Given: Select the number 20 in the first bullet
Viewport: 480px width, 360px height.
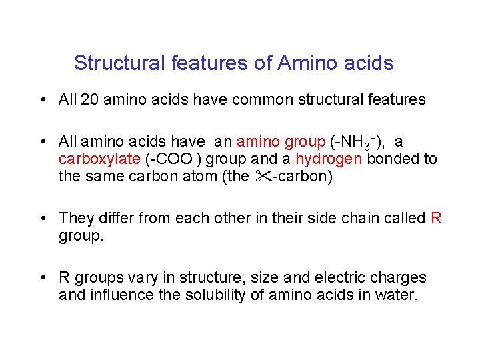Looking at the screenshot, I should pyautogui.click(x=89, y=100).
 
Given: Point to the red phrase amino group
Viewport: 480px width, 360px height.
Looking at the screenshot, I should pyautogui.click(x=281, y=142).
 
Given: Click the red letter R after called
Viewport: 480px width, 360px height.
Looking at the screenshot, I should pyautogui.click(x=437, y=218).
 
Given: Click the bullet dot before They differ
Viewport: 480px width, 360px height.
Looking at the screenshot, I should pyautogui.click(x=42, y=219).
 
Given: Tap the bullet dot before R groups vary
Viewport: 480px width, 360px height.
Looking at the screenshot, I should pyautogui.click(x=42, y=278).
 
